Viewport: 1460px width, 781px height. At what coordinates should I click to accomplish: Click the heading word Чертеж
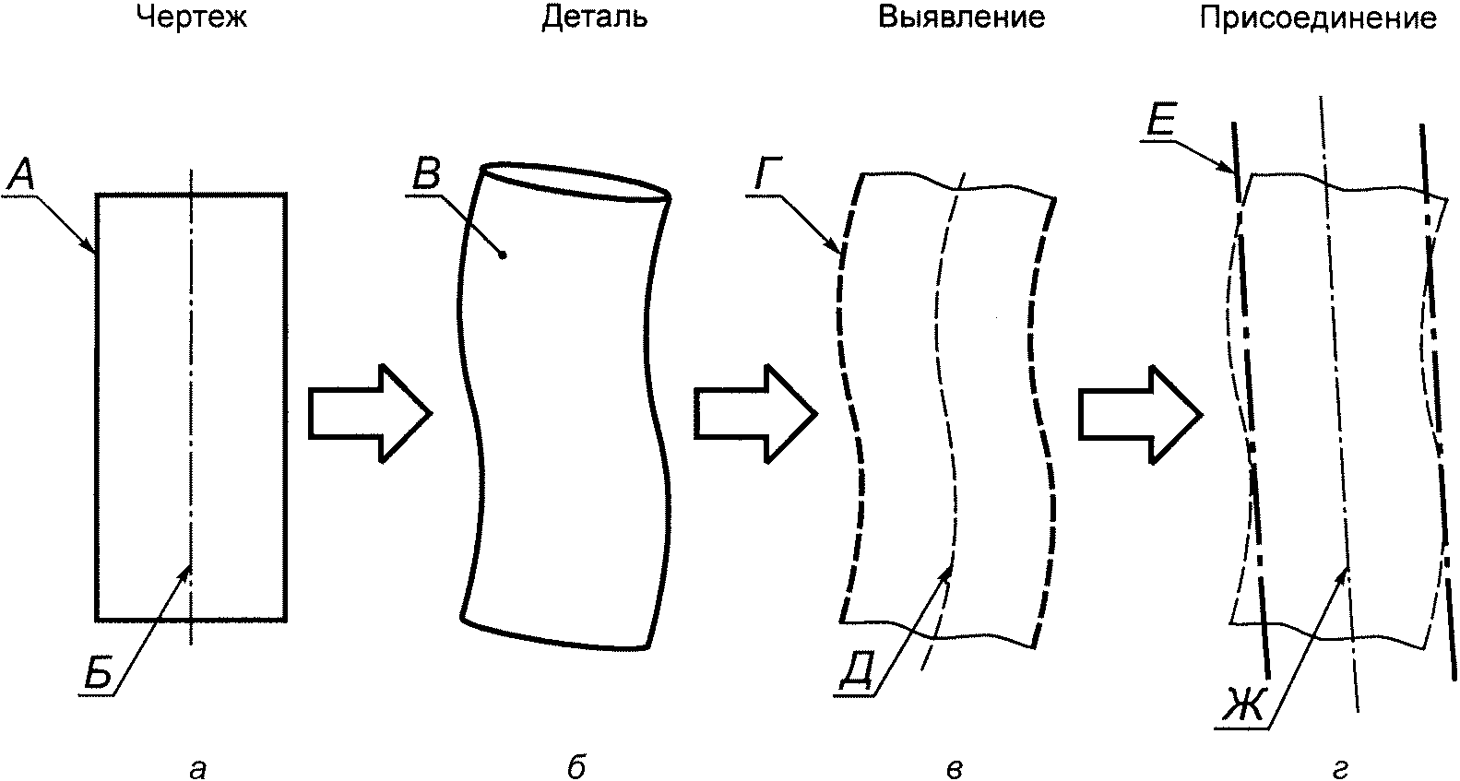click(192, 18)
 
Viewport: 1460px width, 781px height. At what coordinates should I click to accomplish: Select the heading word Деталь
click(595, 18)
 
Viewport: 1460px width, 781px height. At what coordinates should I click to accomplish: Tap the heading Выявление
click(961, 17)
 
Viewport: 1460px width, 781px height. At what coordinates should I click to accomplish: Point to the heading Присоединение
click(1318, 18)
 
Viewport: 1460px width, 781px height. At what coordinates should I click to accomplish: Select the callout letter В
click(427, 174)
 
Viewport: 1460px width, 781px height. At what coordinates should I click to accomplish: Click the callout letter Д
click(855, 676)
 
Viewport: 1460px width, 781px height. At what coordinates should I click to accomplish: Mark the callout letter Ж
click(1243, 705)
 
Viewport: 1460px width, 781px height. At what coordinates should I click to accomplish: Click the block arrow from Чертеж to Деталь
click(370, 413)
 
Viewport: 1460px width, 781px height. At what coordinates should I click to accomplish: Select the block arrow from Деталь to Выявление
click(755, 413)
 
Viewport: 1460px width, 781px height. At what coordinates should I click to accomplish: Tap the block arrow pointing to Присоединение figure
click(1140, 414)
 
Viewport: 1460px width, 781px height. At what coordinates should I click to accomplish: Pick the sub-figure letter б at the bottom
click(576, 766)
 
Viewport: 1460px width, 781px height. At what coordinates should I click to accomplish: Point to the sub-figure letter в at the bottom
click(954, 769)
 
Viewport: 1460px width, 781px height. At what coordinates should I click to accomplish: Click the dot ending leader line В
click(502, 255)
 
